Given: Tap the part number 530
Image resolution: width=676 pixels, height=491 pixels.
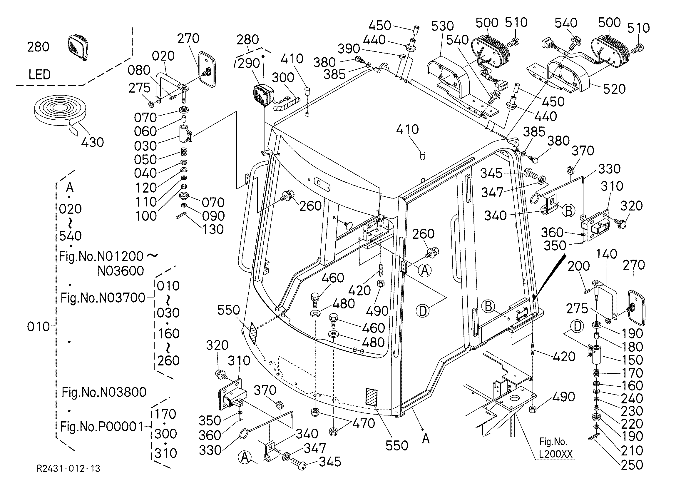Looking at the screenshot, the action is (443, 26).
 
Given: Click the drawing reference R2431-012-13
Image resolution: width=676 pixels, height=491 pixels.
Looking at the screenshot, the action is (68, 469).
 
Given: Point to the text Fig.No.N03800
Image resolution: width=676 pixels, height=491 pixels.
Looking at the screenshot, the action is (104, 392).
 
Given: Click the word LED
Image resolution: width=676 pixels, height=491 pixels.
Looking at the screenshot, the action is (39, 74).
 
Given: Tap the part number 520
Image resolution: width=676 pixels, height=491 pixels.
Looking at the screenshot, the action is (614, 89).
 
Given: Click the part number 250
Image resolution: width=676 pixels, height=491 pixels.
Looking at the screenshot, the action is (632, 465).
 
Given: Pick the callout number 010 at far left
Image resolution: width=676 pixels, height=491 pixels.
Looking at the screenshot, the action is (39, 327).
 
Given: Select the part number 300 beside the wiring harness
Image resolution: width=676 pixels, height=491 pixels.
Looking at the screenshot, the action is (283, 78).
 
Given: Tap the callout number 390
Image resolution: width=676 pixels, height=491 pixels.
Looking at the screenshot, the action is (349, 49).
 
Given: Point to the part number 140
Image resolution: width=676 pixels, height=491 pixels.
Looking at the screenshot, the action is (606, 254).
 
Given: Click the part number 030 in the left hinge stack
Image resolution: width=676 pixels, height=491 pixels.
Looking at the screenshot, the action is (145, 146).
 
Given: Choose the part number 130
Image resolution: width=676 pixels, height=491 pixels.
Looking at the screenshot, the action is (213, 229).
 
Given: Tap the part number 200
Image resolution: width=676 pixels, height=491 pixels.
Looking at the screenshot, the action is (578, 266).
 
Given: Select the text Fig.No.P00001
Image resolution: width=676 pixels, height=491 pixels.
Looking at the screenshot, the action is (102, 427).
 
